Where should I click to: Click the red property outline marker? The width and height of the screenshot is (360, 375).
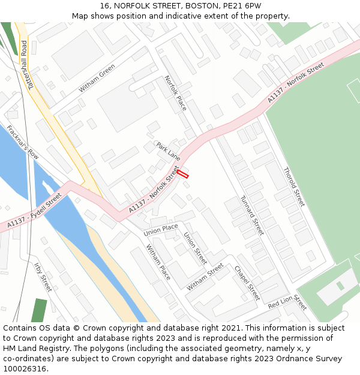(x=182, y=174)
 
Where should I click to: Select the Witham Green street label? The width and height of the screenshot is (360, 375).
(x=97, y=79)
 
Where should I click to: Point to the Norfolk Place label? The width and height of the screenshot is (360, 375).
(x=176, y=93)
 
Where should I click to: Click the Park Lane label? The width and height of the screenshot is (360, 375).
(x=168, y=151)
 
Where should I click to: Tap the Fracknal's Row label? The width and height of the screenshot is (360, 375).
(x=23, y=142)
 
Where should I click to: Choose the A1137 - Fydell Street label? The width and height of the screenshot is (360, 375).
(x=35, y=210)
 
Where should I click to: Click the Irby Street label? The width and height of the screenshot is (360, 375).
(x=43, y=277)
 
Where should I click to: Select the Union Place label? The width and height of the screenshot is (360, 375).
(x=161, y=229)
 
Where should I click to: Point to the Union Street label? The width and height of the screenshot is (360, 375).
(x=195, y=248)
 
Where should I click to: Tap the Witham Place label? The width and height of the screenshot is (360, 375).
(x=158, y=262)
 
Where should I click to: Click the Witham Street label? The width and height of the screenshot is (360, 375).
(x=205, y=277)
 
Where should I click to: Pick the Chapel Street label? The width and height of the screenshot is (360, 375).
(x=247, y=283)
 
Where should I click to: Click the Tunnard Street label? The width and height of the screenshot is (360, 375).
(x=252, y=215)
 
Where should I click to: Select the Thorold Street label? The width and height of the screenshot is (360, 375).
(x=294, y=186)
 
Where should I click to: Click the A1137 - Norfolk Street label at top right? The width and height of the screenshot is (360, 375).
(x=296, y=82)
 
